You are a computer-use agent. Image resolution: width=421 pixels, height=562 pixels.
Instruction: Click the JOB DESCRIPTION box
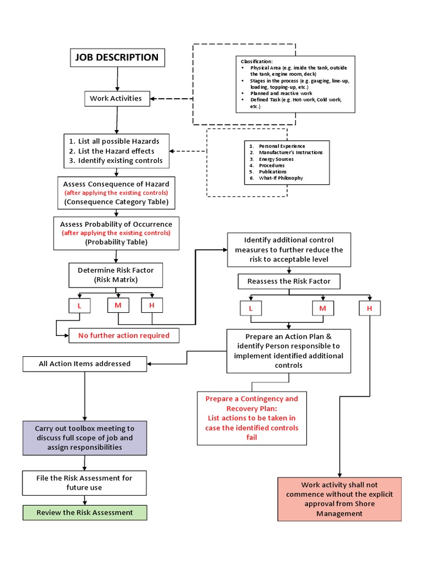click(117, 58)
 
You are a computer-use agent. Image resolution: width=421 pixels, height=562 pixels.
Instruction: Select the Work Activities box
click(116, 99)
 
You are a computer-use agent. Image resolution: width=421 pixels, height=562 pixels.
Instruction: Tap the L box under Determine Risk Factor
click(79, 305)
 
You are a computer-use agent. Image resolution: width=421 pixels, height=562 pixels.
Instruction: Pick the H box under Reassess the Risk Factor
click(369, 308)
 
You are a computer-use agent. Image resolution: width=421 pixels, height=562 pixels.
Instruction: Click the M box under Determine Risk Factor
click(118, 305)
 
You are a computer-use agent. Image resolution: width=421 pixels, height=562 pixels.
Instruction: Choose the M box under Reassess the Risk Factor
click(323, 308)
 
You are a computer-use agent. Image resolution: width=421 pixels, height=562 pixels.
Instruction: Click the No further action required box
click(124, 335)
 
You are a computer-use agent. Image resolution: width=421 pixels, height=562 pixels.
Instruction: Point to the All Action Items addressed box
click(84, 363)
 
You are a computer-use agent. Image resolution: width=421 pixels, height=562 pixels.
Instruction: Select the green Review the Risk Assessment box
click(84, 513)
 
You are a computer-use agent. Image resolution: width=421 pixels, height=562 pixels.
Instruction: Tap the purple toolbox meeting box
click(84, 438)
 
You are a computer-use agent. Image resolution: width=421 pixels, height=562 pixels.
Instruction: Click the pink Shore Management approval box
click(339, 499)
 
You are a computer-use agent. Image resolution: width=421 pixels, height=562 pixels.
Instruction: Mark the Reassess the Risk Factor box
click(289, 282)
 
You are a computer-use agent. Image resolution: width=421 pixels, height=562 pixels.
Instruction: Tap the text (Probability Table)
click(116, 241)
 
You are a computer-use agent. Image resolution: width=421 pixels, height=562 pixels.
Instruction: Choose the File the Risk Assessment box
click(84, 482)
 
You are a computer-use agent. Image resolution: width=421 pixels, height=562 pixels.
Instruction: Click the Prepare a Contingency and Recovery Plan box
click(252, 418)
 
